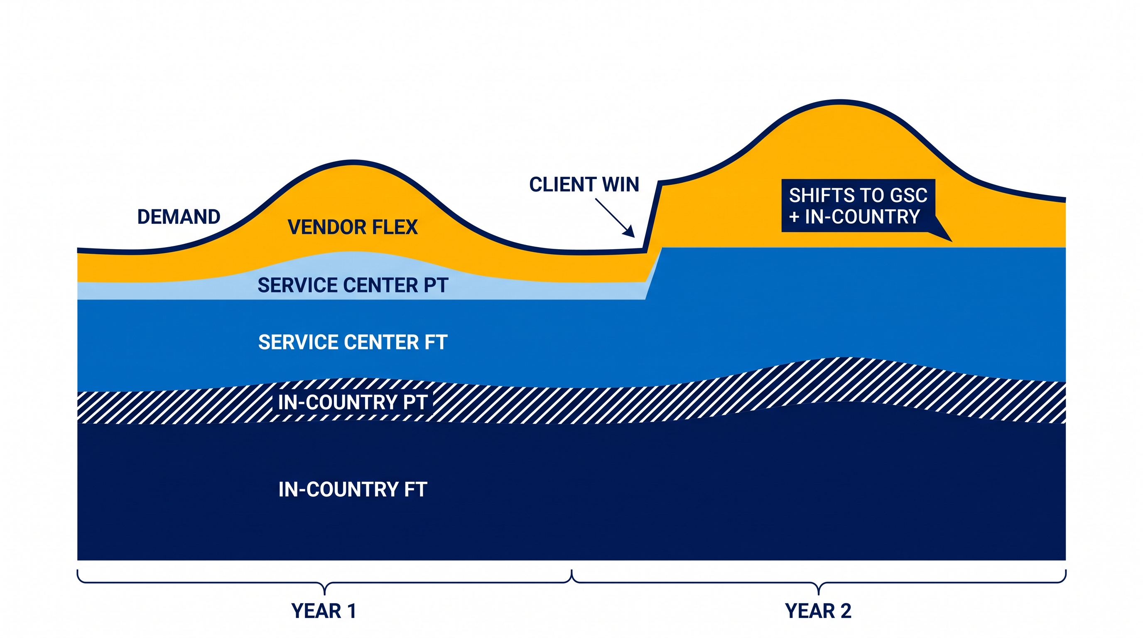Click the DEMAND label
[179, 217]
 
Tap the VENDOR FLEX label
[353, 227]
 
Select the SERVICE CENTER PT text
[353, 285]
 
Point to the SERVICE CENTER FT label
[353, 343]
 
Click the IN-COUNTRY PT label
[353, 402]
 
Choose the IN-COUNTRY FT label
[353, 490]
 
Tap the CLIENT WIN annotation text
[584, 184]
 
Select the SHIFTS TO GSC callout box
[858, 206]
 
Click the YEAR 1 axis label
[324, 611]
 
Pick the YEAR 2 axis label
[818, 611]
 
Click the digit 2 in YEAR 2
[846, 611]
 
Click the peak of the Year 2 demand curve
[840, 102]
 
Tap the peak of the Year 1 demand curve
[353, 162]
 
